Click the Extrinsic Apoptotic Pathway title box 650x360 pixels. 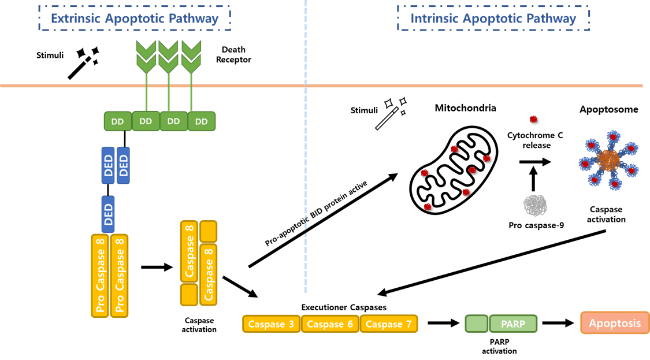pyautogui.click(x=135, y=18)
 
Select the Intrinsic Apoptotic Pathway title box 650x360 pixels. pyautogui.click(x=493, y=18)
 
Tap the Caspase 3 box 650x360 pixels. pyautogui.click(x=271, y=324)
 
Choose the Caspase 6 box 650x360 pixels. pyautogui.click(x=330, y=324)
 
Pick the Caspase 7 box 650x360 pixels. pyautogui.click(x=389, y=324)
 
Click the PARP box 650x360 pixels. pyautogui.click(x=513, y=324)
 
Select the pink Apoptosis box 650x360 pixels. pyautogui.click(x=615, y=323)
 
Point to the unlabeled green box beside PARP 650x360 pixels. pyautogui.click(x=477, y=324)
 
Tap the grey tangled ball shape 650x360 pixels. pyautogui.click(x=535, y=205)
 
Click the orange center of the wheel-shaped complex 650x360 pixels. pyautogui.click(x=608, y=160)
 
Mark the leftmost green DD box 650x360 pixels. pyautogui.click(x=118, y=121)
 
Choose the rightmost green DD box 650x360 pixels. pyautogui.click(x=202, y=121)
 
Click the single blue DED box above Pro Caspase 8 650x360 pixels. pyautogui.click(x=108, y=214)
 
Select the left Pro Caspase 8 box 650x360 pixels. pyautogui.click(x=101, y=276)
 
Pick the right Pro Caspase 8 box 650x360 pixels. pyautogui.click(x=119, y=276)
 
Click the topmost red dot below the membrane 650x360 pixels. pyautogui.click(x=533, y=119)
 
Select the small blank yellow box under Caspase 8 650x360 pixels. pyautogui.click(x=189, y=295)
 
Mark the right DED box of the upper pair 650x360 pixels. pyautogui.click(x=123, y=165)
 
